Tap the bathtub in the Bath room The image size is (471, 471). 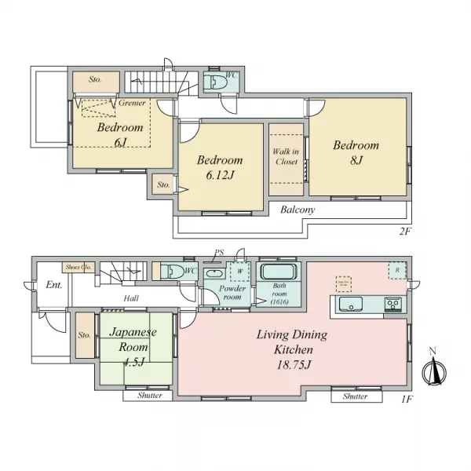coord(276,274)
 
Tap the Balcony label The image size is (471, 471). coord(298,210)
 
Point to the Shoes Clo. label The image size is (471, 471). coord(79,267)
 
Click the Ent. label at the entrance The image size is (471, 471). coord(53,285)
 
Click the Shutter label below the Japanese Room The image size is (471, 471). coord(149,396)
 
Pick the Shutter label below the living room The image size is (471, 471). coord(355,396)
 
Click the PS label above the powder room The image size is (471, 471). coord(219,253)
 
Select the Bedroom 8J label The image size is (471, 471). coord(356,152)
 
